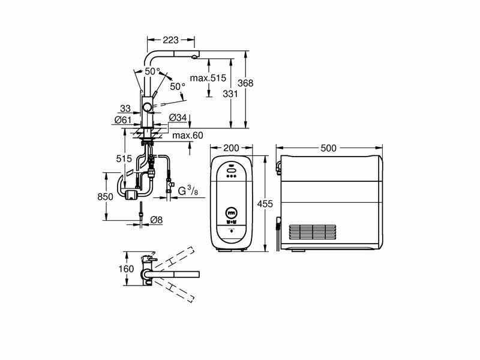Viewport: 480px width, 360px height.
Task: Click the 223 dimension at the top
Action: click(x=170, y=40)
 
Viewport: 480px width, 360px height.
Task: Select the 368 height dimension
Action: click(x=245, y=83)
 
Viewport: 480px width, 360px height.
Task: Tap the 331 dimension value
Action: click(x=230, y=94)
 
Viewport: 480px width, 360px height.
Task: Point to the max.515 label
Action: click(x=208, y=78)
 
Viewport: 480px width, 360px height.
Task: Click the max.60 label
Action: click(x=188, y=136)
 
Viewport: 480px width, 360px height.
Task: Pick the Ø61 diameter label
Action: click(x=123, y=120)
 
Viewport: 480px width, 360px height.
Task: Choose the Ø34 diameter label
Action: click(x=178, y=117)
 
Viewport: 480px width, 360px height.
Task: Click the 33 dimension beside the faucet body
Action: click(x=125, y=109)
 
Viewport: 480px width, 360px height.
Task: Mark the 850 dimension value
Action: click(x=106, y=197)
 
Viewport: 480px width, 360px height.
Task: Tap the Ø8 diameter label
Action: click(x=157, y=220)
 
